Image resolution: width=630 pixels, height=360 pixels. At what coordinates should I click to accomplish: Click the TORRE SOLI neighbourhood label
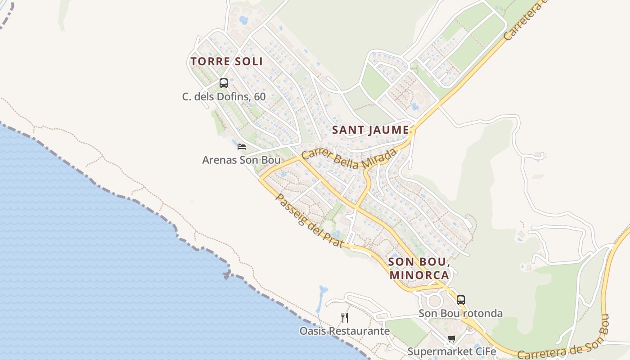coord(226,61)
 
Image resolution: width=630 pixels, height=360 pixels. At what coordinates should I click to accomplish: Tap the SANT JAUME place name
coord(370,130)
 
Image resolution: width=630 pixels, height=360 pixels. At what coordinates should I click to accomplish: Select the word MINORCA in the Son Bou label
coord(419,275)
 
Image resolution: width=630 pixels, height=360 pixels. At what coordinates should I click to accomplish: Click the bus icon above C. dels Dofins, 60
coord(224,83)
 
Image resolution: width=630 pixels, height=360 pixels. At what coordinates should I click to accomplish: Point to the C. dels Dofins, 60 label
coord(224,97)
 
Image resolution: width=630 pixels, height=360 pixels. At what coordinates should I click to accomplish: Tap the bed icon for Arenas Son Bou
coord(242,146)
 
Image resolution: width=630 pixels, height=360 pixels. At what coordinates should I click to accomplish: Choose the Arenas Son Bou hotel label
coord(241,160)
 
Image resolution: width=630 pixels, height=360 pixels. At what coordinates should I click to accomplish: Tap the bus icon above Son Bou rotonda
coord(460,300)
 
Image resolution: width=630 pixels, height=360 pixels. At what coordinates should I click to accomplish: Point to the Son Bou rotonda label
coord(460,313)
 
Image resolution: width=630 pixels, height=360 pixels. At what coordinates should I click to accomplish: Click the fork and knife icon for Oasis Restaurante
coord(345,318)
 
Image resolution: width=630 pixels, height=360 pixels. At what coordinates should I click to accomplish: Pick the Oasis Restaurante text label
coord(345,331)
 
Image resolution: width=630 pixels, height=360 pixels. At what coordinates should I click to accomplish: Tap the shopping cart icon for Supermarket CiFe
coord(451,339)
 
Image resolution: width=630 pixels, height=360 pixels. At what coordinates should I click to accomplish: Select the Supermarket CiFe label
coord(451,351)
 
